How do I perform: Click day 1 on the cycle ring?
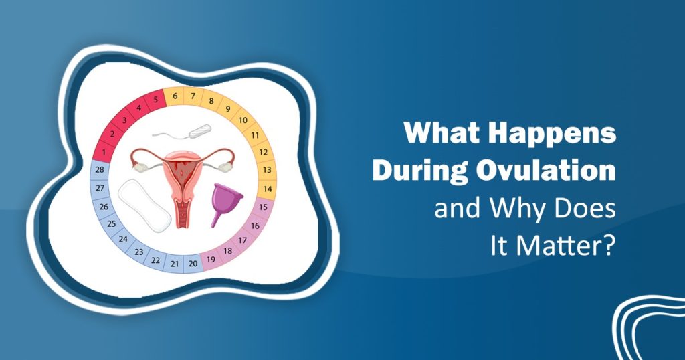coord(104,153)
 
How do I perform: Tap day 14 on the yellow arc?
coord(268,189)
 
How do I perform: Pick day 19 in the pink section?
coord(211,260)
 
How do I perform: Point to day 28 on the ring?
coord(100,169)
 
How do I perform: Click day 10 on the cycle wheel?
coord(243,120)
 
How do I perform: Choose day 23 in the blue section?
coord(139,252)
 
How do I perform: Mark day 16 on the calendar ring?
coord(255,226)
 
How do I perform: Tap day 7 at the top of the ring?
coord(193,96)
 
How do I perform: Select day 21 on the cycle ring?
coord(175,264)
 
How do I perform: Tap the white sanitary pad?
coord(144,205)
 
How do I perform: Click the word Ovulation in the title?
coord(546,171)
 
